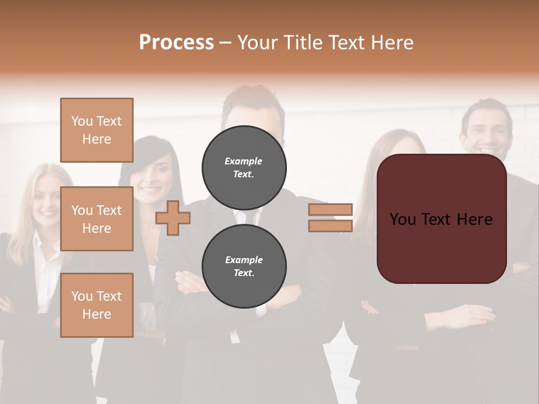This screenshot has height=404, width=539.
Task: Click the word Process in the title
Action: (x=176, y=43)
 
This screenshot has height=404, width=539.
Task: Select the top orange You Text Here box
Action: (x=97, y=130)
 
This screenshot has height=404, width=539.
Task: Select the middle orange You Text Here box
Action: (x=97, y=219)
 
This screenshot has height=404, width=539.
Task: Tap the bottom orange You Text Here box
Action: (x=97, y=305)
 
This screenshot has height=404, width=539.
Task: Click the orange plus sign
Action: (x=173, y=218)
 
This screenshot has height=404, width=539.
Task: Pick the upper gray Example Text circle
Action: (x=244, y=167)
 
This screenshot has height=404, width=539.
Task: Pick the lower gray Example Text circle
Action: (x=244, y=267)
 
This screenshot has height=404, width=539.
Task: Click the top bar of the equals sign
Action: (x=331, y=210)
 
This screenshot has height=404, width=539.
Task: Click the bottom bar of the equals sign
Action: (x=331, y=226)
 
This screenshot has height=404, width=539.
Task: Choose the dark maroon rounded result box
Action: (x=441, y=219)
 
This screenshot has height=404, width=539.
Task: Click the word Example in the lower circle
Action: (x=244, y=260)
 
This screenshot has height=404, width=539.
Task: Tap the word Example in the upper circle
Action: (x=244, y=161)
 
